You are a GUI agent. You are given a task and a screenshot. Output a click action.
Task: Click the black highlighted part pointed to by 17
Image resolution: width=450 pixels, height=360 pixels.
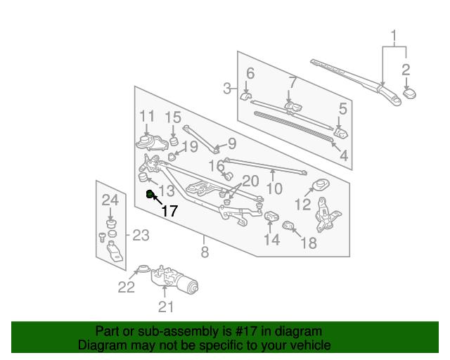coord(150,194)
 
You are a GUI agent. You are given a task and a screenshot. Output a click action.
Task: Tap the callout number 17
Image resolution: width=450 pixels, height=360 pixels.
coord(169,211)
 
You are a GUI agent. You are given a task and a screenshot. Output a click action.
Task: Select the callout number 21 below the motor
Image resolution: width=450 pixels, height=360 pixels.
coord(166,307)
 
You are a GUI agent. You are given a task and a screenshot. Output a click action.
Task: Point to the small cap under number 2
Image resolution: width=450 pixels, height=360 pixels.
coord(409,94)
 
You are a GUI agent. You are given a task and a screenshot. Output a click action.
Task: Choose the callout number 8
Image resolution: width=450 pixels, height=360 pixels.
coord(205,252)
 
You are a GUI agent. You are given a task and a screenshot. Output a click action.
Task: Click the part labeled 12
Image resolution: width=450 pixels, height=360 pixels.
coord(321,184)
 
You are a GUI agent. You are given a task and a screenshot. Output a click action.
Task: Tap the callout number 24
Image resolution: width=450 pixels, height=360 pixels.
coord(110,200)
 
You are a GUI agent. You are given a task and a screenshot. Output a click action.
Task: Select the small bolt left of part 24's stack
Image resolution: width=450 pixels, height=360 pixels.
coord(102,237)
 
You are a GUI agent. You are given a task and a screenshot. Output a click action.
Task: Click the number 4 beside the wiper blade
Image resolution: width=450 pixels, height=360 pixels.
coord(344,156)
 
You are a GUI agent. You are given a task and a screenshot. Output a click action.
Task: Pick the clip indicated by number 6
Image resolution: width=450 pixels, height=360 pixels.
coord(245,96)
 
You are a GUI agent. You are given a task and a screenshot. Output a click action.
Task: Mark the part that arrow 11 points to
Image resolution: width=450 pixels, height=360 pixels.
coord(152,143)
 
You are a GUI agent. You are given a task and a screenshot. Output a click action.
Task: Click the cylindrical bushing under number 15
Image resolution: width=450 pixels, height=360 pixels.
coord(173,141)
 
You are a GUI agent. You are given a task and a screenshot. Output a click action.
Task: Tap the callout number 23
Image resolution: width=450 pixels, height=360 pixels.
coord(141,236)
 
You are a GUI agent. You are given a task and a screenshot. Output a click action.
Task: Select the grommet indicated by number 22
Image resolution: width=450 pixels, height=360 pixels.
coord(143,269)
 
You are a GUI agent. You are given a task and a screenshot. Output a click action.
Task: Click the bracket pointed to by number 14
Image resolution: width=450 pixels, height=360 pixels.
coord(271,217)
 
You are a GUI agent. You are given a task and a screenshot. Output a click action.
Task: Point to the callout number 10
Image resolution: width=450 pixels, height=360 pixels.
coord(275,188)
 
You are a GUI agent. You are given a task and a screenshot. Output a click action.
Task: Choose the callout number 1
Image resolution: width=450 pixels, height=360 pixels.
coord(394,35)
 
